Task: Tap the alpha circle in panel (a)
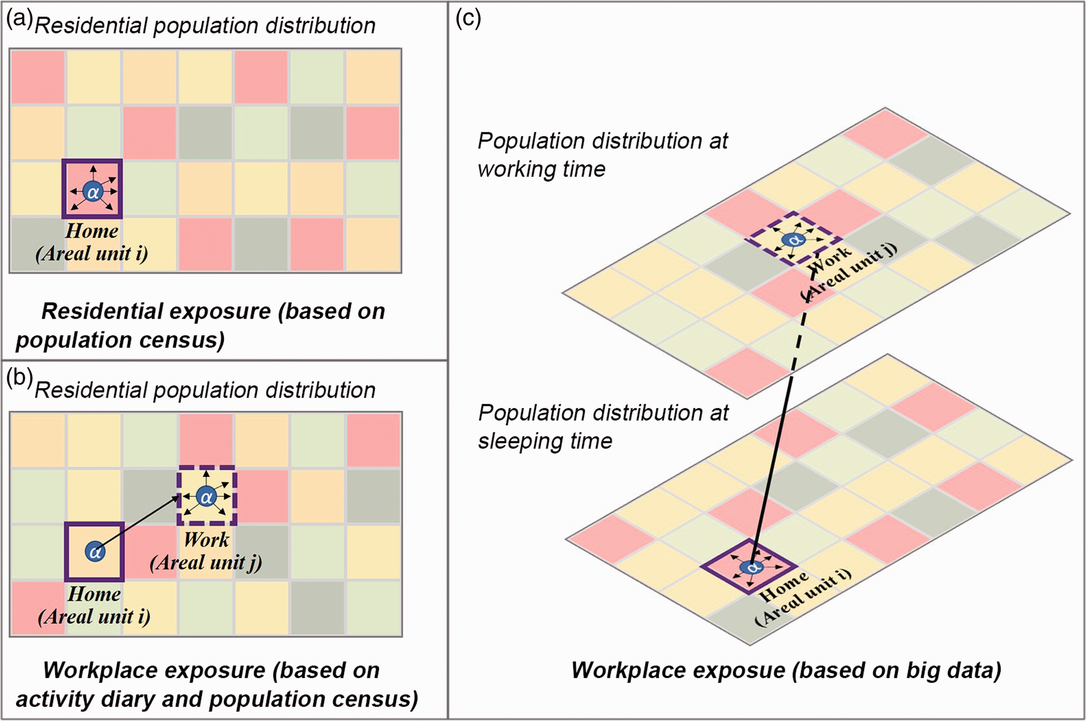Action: coord(93,192)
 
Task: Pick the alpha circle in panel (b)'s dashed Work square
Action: coord(206,497)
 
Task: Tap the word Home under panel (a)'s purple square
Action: coord(92,230)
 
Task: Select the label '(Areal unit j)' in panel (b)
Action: coord(206,562)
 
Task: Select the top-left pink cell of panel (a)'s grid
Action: coord(38,77)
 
